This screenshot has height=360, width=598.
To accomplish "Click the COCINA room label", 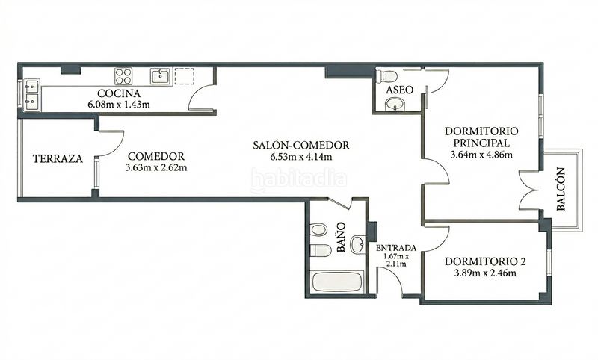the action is tap(119, 93).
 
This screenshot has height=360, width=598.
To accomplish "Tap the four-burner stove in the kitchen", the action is tap(123, 76).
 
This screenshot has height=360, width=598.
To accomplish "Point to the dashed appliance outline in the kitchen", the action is tap(184, 76).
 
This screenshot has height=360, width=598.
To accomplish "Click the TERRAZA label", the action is tap(58, 159).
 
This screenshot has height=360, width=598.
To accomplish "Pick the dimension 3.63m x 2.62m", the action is tap(156, 167).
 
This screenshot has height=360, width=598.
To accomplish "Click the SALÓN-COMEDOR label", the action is tap(301, 145).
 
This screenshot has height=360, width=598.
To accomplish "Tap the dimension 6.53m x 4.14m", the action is tap(301, 157).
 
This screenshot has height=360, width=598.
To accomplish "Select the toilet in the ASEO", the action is tap(386, 76).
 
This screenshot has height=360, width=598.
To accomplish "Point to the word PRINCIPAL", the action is tap(481, 143).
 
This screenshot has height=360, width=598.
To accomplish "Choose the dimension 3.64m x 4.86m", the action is tap(481, 155).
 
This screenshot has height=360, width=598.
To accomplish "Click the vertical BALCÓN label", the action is tap(560, 189).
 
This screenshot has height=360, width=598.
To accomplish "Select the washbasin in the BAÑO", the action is tap(358, 244).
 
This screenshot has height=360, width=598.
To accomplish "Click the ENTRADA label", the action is tap(396, 248).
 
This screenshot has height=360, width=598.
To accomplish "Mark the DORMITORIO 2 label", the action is tap(485, 261).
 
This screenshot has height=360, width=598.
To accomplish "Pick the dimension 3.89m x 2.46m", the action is tap(485, 273).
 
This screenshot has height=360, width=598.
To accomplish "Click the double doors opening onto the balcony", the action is tap(528, 190).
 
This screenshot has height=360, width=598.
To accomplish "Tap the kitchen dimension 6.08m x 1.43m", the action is tap(119, 105).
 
